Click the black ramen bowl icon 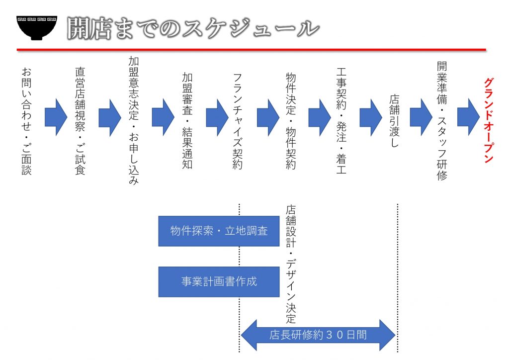pos(37,28)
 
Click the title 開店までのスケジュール pos(193,28)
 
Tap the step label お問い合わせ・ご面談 pos(27,121)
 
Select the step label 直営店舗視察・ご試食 pos(80,121)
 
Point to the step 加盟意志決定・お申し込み pos(134,120)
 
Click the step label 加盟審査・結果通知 pos(187,121)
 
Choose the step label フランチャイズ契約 pos(238,121)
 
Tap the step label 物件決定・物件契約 pos(291,121)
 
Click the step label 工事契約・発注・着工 pos(341,121)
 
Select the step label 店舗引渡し pos(394,121)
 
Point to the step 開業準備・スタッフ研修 pos(442,121)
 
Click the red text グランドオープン pos(489,120)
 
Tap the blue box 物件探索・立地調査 pos(219,231)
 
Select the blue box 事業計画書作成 pos(219,281)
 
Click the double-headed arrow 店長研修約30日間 pos(318,335)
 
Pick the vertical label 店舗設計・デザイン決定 pos(291,264)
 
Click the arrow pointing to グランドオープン pos(468,117)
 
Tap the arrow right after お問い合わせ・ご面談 pos(56,117)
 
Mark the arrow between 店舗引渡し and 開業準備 pos(421,117)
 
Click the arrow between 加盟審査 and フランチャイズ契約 pos(217,117)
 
